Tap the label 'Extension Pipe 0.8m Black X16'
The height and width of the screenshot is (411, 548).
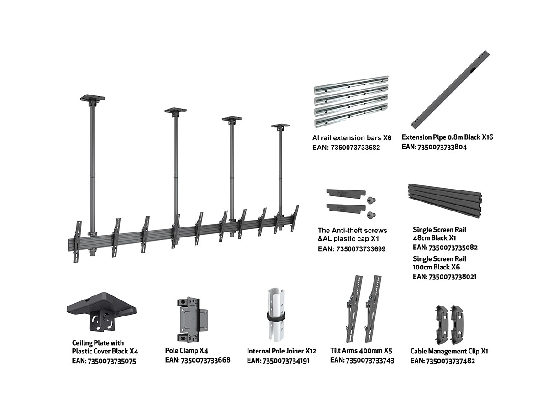(447, 137)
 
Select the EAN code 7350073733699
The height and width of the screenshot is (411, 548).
(352, 249)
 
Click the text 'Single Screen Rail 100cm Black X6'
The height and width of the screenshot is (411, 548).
(440, 263)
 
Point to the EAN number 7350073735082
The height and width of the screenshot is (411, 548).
(445, 248)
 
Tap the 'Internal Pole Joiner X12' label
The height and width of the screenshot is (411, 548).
(281, 351)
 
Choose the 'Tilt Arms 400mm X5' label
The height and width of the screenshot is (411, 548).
(361, 351)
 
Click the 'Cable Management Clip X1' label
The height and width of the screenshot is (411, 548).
(449, 351)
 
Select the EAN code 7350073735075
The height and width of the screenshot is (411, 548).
(104, 361)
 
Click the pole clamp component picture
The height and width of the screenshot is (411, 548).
(191, 319)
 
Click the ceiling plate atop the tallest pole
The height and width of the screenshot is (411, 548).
(93, 98)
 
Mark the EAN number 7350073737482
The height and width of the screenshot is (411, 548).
(443, 361)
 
